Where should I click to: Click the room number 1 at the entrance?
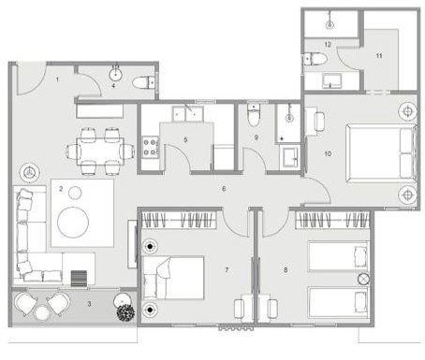click(57, 79)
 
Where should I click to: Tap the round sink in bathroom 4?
click(115, 75)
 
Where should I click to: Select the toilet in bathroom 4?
click(143, 83)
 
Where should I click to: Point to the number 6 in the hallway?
click(224, 189)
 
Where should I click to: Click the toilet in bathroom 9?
click(253, 116)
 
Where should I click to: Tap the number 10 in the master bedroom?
click(328, 153)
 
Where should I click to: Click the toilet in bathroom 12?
click(315, 59)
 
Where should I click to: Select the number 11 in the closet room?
click(379, 56)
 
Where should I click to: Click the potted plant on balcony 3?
click(125, 311)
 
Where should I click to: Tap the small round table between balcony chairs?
click(42, 313)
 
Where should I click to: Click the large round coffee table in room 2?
click(73, 223)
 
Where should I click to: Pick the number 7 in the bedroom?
click(227, 270)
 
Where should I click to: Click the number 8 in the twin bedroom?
click(286, 270)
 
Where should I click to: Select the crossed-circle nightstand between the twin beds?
click(363, 278)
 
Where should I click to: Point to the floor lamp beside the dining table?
click(29, 172)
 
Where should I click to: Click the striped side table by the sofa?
click(79, 278)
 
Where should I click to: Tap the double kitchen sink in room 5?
click(187, 114)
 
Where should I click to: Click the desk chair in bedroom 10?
click(320, 122)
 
